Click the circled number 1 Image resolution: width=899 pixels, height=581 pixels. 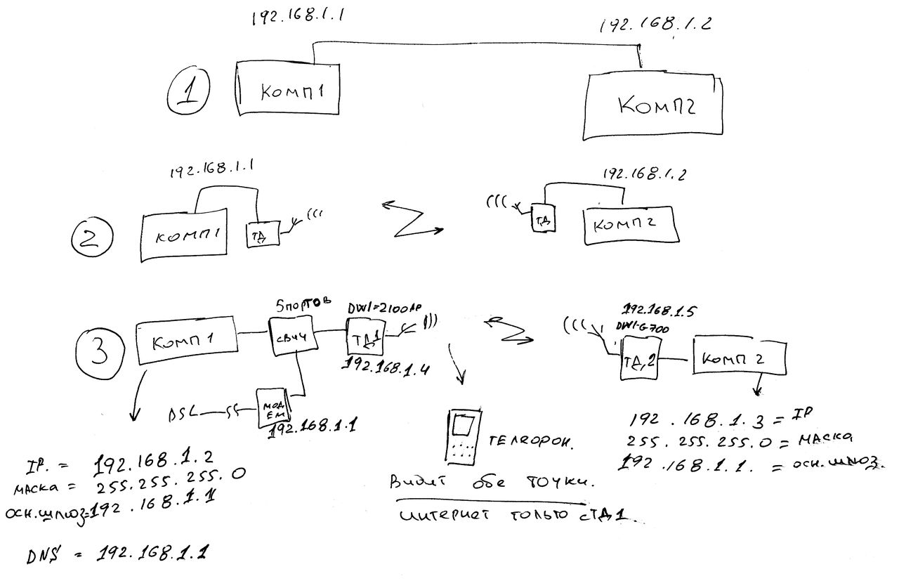[188, 96]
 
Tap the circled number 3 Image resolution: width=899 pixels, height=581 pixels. [100, 346]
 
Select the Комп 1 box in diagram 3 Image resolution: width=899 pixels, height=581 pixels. [184, 344]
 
